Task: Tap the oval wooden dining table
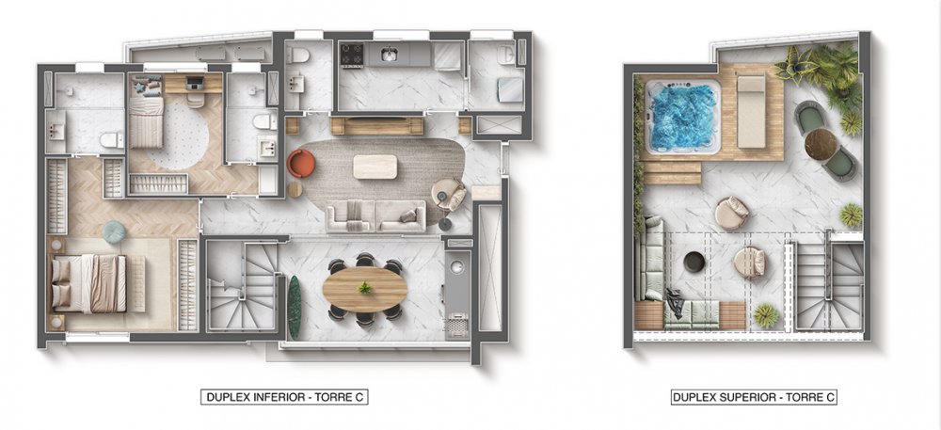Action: [365, 289]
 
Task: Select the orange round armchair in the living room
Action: [301, 164]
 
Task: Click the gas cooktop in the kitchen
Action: [352, 56]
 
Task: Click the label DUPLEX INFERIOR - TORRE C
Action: [284, 397]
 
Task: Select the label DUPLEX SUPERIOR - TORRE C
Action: [754, 397]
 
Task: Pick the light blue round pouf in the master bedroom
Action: [114, 232]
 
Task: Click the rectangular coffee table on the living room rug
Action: [375, 167]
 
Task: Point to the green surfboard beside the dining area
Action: [295, 307]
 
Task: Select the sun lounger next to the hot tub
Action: [751, 112]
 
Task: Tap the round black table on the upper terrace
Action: [694, 263]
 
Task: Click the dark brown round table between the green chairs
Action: [821, 145]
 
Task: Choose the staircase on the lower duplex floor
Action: [242, 285]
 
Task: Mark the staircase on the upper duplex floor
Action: [829, 286]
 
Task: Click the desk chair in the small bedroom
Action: [195, 100]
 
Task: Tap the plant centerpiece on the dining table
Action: [364, 289]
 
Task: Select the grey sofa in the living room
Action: [375, 215]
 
